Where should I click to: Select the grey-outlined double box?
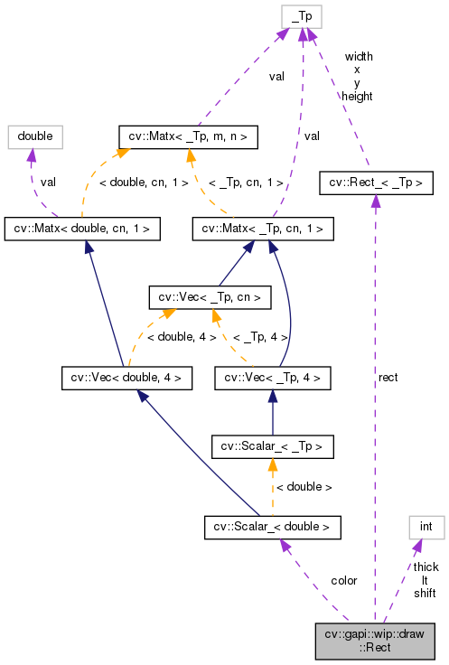pyautogui.click(x=34, y=137)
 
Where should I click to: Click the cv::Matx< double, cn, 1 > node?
pyautogui.click(x=82, y=229)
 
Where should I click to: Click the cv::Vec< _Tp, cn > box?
pyautogui.click(x=209, y=296)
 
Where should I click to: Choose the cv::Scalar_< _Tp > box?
pyautogui.click(x=272, y=445)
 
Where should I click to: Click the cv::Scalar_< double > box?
pyautogui.click(x=272, y=525)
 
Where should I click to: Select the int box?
pyautogui.click(x=426, y=525)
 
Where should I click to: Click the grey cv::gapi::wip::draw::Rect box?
pyautogui.click(x=380, y=641)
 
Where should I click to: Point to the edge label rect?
pyautogui.click(x=388, y=377)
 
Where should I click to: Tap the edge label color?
pyautogui.click(x=344, y=580)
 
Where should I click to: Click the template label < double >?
pyautogui.click(x=304, y=487)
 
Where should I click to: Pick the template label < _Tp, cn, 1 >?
pyautogui.click(x=246, y=183)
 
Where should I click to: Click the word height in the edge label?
pyautogui.click(x=358, y=96)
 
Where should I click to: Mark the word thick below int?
pyautogui.click(x=426, y=567)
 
